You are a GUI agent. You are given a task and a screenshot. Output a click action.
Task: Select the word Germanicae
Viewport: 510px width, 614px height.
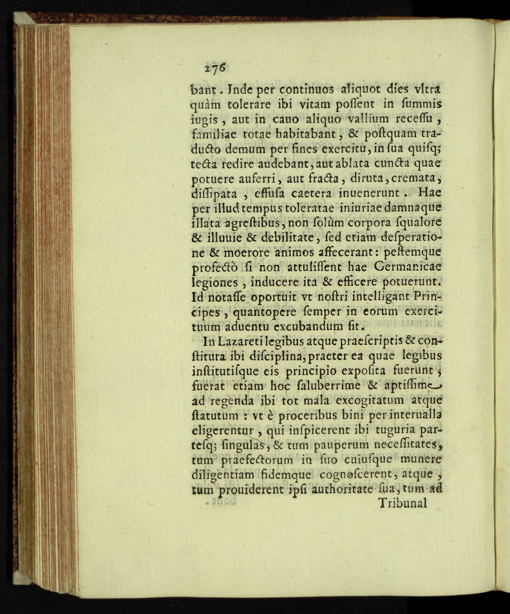(415, 265)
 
